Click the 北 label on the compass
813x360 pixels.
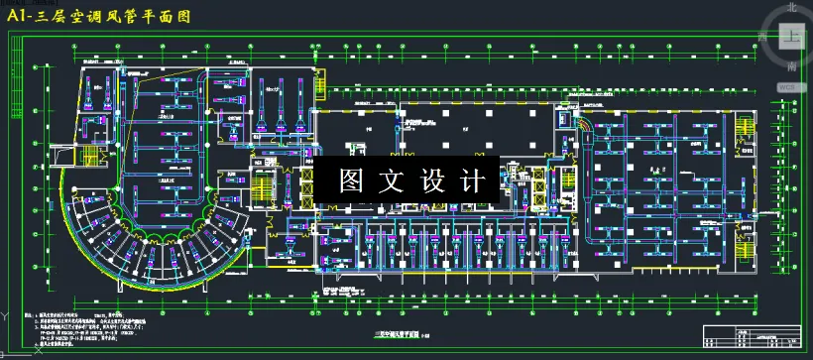(791, 7)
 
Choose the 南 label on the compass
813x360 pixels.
(791, 66)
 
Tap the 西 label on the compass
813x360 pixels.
(761, 37)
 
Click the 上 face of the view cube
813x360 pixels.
(791, 37)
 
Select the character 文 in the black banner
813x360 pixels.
(394, 181)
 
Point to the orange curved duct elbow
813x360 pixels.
(586, 128)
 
